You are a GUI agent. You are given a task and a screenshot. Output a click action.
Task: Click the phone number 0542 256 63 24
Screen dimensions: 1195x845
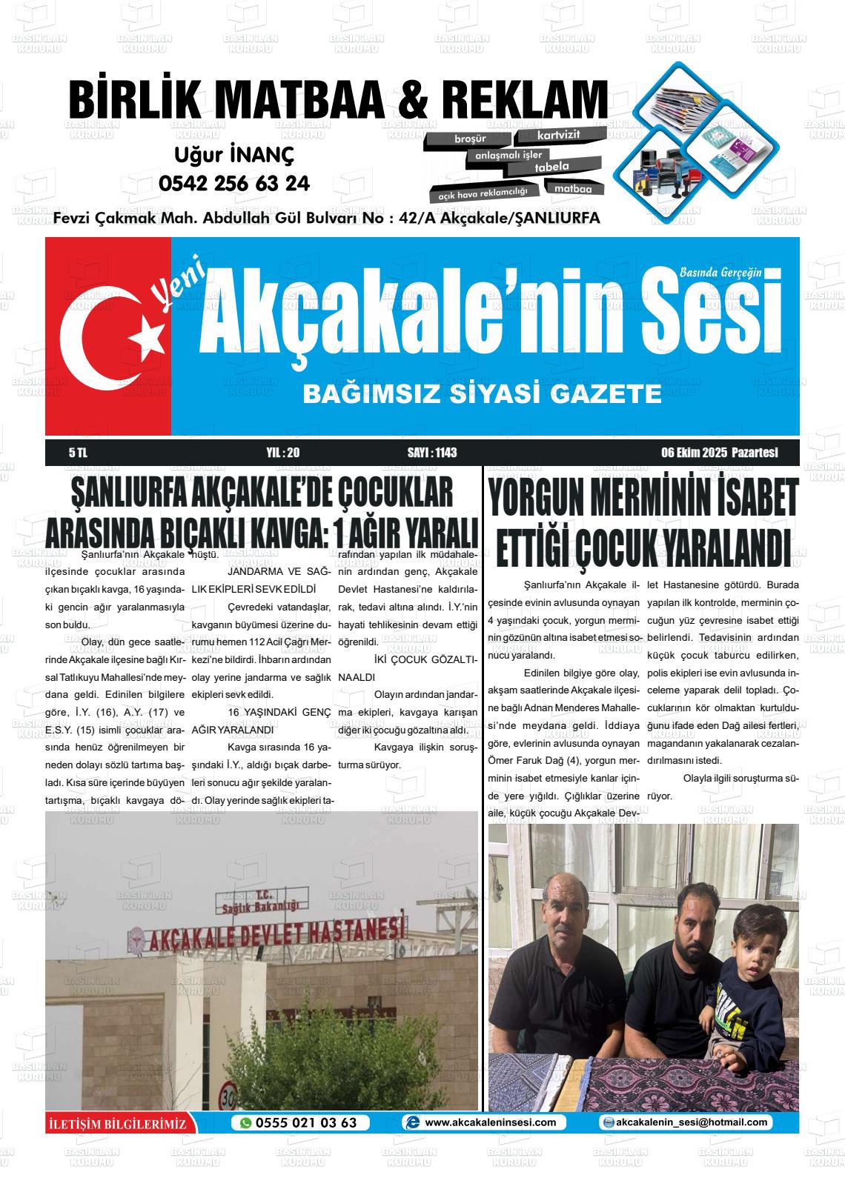click(234, 183)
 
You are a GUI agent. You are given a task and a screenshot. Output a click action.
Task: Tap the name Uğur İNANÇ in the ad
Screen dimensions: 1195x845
click(234, 155)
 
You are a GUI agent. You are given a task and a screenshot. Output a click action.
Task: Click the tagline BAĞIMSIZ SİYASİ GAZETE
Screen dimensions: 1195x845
click(482, 393)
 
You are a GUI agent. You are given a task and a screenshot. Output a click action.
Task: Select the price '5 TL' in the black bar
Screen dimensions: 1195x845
click(78, 453)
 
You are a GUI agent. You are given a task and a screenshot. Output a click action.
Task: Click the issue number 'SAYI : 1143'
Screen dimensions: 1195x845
click(432, 453)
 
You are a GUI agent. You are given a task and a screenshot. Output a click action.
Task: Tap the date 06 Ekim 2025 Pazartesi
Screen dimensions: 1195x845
click(719, 453)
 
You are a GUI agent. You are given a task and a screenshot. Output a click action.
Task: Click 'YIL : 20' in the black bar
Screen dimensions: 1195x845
click(282, 453)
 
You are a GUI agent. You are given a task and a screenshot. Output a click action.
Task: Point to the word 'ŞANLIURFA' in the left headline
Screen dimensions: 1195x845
click(127, 494)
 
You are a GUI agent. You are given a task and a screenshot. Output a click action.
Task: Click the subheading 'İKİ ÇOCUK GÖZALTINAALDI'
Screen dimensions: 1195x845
click(408, 668)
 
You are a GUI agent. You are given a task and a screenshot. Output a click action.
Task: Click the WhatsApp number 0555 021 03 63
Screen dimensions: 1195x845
click(306, 1122)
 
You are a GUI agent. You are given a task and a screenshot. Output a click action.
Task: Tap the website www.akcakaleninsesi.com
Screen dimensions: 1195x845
click(489, 1122)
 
